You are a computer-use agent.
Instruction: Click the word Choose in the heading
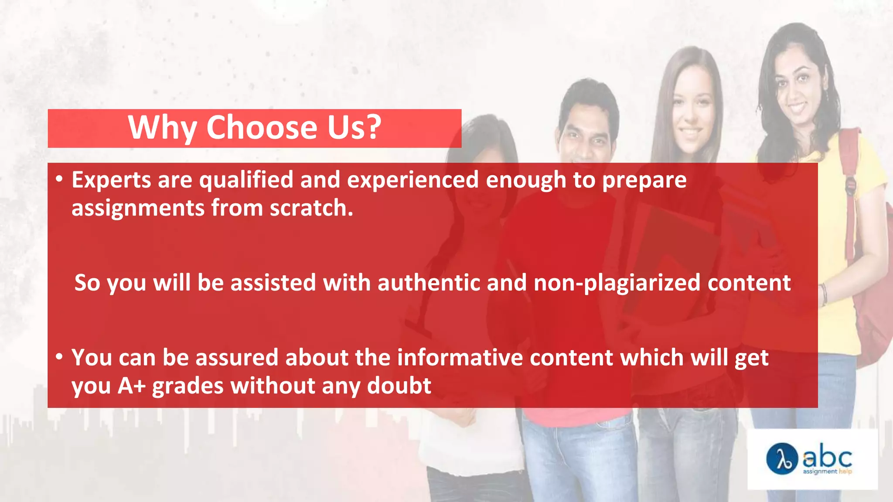pyautogui.click(x=262, y=127)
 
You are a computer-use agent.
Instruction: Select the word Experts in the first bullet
pyautogui.click(x=111, y=180)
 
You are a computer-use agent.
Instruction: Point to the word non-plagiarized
pyautogui.click(x=617, y=283)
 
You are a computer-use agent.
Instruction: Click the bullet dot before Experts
pyautogui.click(x=59, y=179)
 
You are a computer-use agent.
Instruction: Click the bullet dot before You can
pyautogui.click(x=59, y=356)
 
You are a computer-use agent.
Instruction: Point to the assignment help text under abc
pyautogui.click(x=827, y=471)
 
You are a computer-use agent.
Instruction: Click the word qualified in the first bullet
pyautogui.click(x=246, y=180)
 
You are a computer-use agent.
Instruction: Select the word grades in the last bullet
pyautogui.click(x=188, y=386)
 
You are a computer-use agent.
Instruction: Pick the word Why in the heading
pyautogui.click(x=162, y=127)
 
